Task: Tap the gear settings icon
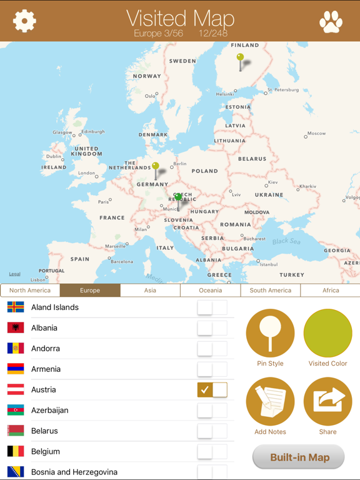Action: [24, 21]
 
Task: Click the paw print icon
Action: [331, 22]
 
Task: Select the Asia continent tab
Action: [150, 290]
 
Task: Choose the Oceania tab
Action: [210, 290]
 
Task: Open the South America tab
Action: [270, 290]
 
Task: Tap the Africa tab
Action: [331, 290]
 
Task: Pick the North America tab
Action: [30, 290]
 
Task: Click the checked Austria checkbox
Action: [205, 389]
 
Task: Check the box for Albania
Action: [205, 327]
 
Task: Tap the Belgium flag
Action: [16, 451]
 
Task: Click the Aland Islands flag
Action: [16, 307]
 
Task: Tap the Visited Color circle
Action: [328, 333]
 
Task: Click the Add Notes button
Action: [270, 401]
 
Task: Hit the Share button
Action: [328, 401]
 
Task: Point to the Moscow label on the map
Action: [316, 133]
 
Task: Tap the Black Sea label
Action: [286, 241]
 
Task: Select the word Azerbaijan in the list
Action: [50, 410]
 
